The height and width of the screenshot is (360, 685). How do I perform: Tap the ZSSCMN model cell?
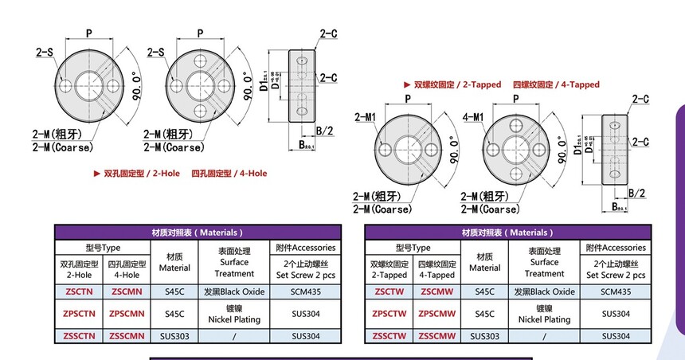(126, 336)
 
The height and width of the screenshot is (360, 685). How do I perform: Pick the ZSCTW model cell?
(389, 292)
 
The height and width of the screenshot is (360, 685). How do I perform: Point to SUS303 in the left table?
(174, 336)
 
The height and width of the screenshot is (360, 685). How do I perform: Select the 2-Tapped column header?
(389, 269)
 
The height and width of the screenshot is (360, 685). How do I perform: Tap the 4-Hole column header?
(126, 269)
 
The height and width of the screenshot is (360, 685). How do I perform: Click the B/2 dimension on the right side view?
(636, 194)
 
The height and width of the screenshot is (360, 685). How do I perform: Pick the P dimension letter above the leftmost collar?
(87, 33)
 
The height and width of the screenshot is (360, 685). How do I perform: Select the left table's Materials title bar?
(197, 233)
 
